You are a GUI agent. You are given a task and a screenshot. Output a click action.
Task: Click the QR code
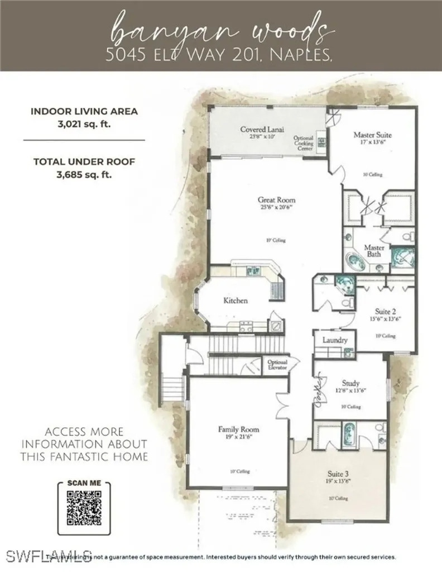click(x=84, y=508)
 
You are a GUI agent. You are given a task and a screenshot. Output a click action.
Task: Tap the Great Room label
click(x=276, y=200)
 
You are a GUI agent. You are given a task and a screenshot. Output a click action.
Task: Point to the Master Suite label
click(x=372, y=135)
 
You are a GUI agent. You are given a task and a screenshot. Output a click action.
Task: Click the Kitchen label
click(x=236, y=301)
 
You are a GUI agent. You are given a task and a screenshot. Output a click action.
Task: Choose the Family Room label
click(x=238, y=430)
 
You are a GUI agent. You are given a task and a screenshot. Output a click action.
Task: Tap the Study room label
click(x=350, y=384)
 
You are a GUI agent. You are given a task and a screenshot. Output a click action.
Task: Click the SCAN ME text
click(x=84, y=482)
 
